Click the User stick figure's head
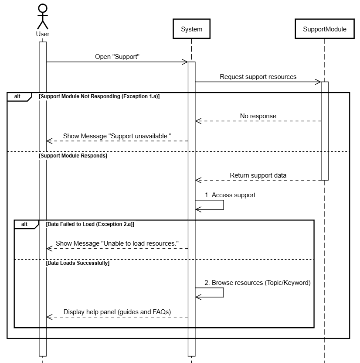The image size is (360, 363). click(43, 8)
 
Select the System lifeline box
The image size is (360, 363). click(191, 29)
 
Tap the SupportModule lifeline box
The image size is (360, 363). click(325, 29)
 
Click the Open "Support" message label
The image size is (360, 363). click(117, 57)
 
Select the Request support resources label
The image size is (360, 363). click(258, 77)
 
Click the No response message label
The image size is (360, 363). click(258, 116)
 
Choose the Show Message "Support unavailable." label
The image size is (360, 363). click(117, 136)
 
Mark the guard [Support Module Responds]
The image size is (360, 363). click(73, 156)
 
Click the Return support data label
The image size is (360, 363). click(258, 175)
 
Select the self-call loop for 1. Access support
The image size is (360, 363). click(224, 205)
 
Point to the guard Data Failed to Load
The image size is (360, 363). click(90, 224)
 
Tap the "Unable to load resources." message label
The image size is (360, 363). click(117, 243)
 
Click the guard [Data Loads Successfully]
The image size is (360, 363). click(78, 263)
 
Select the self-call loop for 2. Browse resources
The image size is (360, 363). click(224, 292)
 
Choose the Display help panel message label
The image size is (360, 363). click(117, 312)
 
